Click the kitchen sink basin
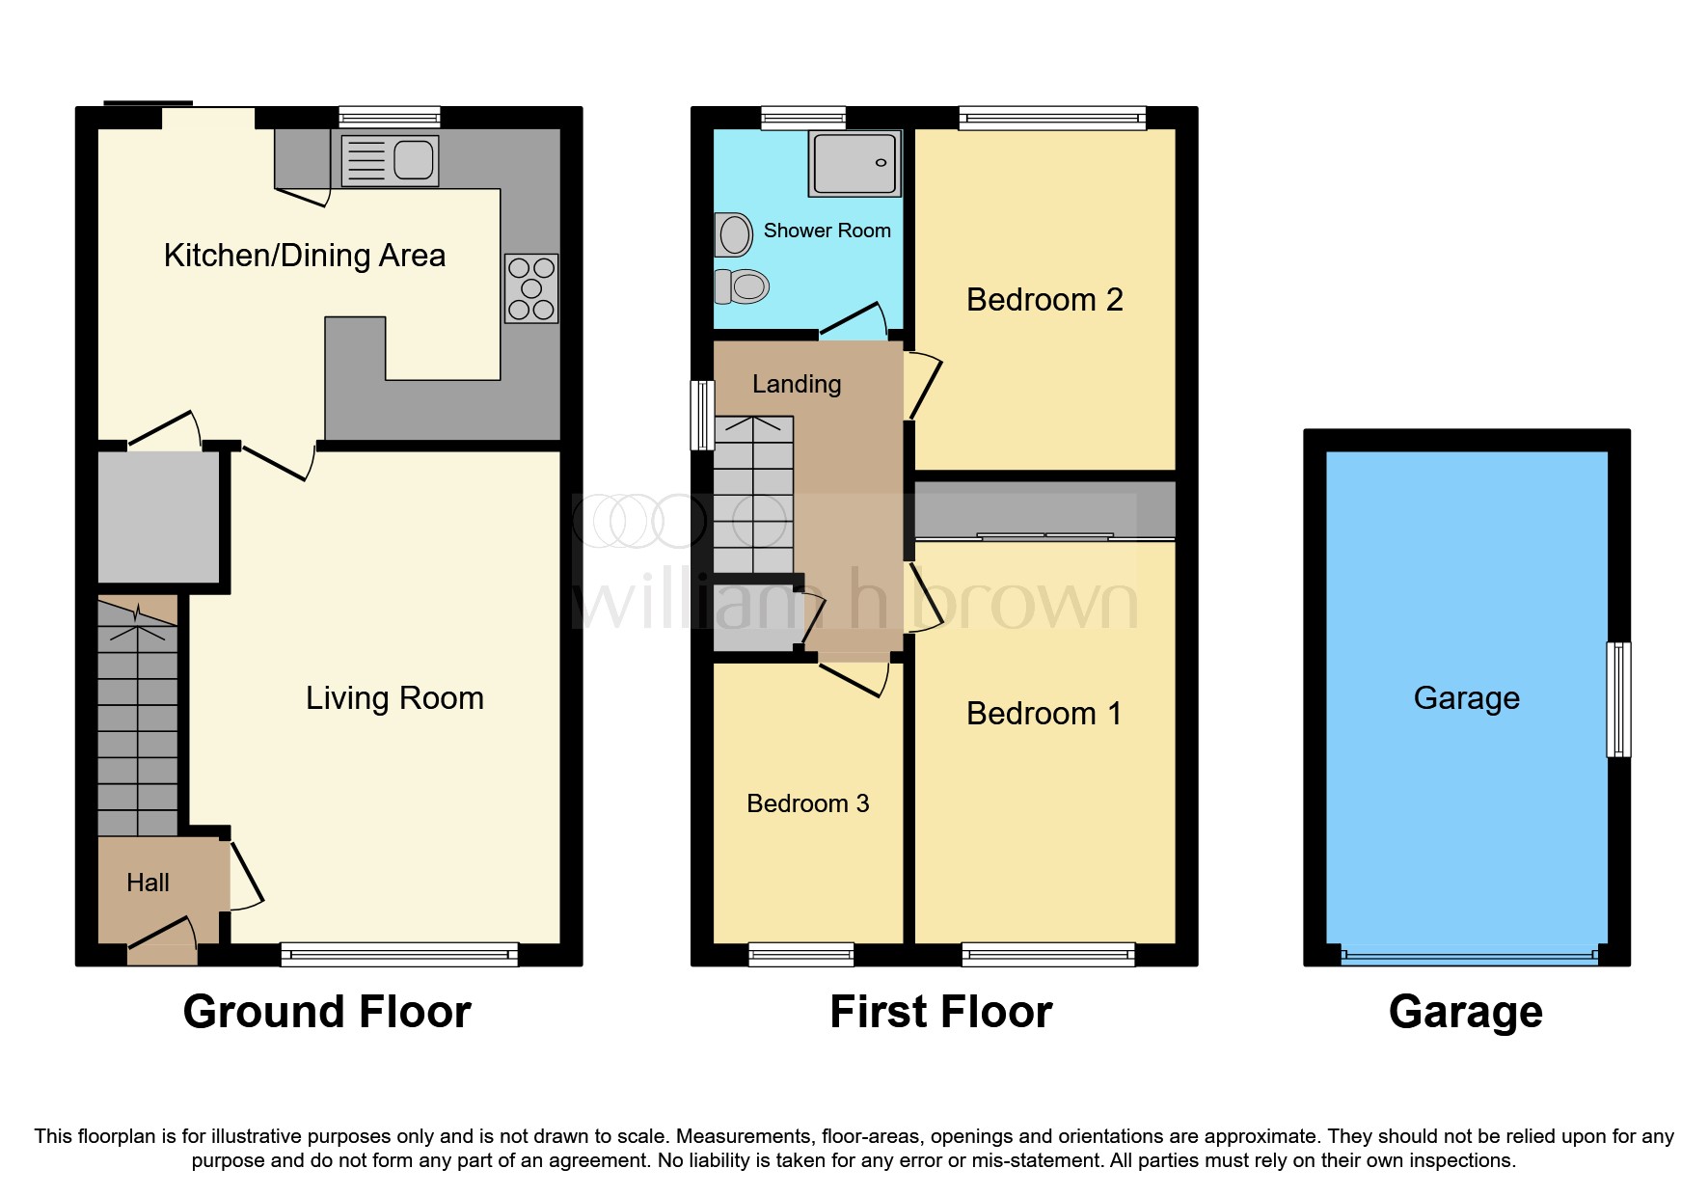(x=413, y=160)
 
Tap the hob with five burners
(x=531, y=288)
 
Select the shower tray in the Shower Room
(x=854, y=164)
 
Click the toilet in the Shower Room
(x=743, y=285)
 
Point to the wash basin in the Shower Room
(x=734, y=234)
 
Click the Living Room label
(x=394, y=697)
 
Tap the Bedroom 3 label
(x=807, y=803)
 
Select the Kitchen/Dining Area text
(x=304, y=256)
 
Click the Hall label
(x=148, y=883)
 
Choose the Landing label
(x=797, y=384)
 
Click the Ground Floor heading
(x=327, y=1012)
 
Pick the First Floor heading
(x=940, y=1012)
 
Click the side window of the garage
(x=1618, y=699)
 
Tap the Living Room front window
(x=399, y=954)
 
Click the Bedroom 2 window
(x=1052, y=119)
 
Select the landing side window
(x=703, y=415)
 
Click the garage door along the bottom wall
(x=1467, y=956)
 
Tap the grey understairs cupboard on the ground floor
(x=159, y=517)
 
